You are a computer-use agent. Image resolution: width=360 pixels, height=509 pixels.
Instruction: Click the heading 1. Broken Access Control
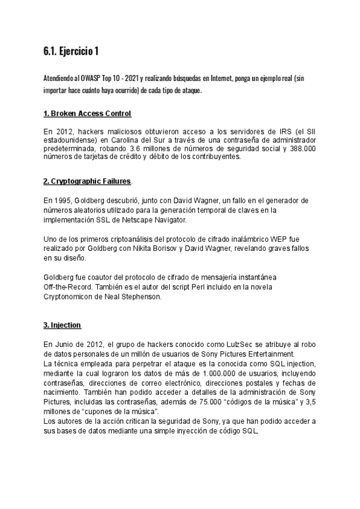[88, 114]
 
